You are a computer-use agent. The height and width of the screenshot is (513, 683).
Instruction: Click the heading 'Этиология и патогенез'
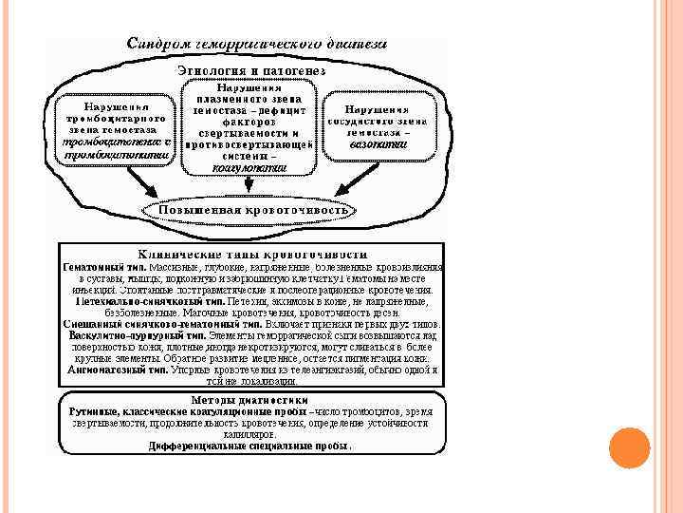(x=251, y=72)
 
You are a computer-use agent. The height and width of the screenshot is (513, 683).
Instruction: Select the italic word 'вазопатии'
(x=378, y=144)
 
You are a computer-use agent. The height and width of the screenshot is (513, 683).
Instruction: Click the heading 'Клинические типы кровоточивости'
(x=251, y=254)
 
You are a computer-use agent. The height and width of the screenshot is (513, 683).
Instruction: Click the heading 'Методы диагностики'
(x=251, y=399)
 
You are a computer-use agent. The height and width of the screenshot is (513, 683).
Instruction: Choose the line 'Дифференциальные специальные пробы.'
(x=250, y=445)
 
